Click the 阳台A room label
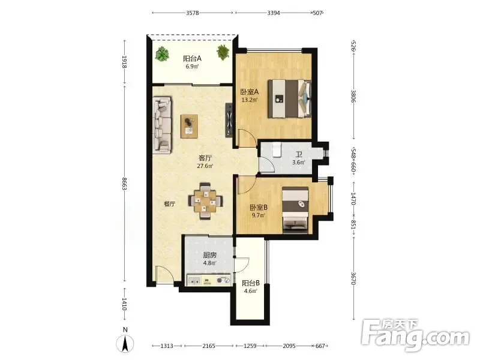click(x=192, y=58)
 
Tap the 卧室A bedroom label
click(x=249, y=92)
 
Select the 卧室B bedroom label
click(x=259, y=207)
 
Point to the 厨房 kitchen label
click(x=209, y=255)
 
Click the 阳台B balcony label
click(x=251, y=283)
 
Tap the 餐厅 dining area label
click(x=169, y=203)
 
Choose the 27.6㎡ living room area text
click(x=205, y=166)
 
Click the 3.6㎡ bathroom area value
click(x=298, y=162)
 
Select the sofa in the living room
click(x=162, y=125)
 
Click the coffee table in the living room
click(x=189, y=127)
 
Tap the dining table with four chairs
click(x=205, y=201)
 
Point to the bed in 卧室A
click(x=289, y=98)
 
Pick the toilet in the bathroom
click(x=277, y=149)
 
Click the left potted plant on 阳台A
click(x=162, y=54)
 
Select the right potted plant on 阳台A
click(x=223, y=52)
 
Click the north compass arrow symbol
click(x=125, y=343)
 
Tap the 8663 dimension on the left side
click(x=124, y=184)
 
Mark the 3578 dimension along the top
click(x=192, y=13)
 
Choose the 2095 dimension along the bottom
click(x=289, y=346)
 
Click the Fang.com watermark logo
click(x=415, y=335)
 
